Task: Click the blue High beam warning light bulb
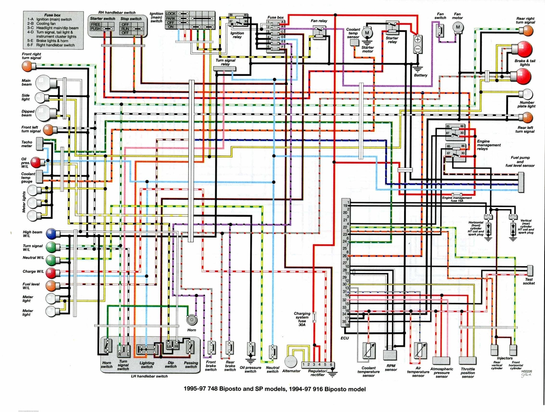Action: point(51,233)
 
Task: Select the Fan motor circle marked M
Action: point(458,27)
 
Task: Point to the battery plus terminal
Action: point(418,39)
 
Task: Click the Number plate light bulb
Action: point(528,94)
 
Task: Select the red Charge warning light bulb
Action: point(51,272)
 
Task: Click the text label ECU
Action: point(344,338)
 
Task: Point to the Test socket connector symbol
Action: point(530,270)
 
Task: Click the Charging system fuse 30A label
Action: point(302,319)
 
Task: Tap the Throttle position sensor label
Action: point(468,373)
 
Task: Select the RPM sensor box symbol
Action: point(390,354)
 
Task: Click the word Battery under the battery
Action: point(420,75)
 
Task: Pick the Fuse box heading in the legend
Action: point(52,15)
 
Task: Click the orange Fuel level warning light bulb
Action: point(51,285)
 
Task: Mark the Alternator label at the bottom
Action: point(291,371)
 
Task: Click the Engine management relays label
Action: point(488,145)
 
